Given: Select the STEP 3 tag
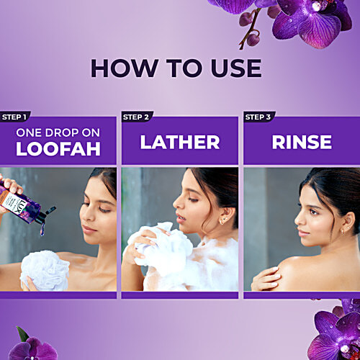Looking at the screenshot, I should [257, 117].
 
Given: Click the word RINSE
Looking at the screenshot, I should [301, 142].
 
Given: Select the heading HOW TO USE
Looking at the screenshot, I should [176, 68].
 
